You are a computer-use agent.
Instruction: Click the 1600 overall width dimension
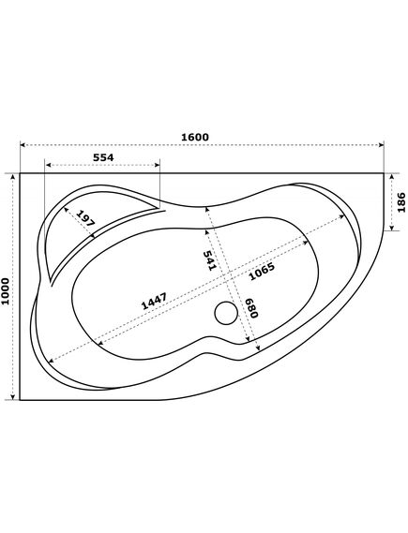[x=195, y=137]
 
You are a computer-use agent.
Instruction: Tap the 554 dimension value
[x=103, y=157]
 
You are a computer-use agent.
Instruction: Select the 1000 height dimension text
[x=5, y=291]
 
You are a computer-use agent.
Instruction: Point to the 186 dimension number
[x=401, y=202]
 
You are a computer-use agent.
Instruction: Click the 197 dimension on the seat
[x=84, y=218]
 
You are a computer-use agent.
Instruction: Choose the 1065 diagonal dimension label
[x=262, y=272]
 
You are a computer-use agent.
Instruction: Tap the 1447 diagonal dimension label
[x=154, y=302]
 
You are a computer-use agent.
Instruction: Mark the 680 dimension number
[x=251, y=308]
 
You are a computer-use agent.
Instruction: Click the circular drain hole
[x=226, y=313]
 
